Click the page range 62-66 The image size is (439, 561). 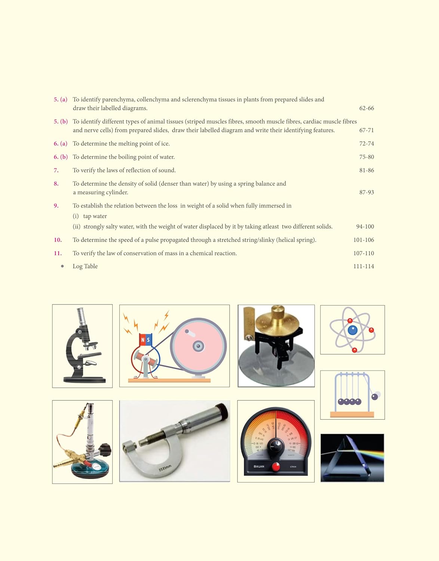[x=366, y=108]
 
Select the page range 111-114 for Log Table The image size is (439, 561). [x=363, y=266]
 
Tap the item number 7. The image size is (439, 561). [x=56, y=171]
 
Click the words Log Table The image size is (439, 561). [x=85, y=266]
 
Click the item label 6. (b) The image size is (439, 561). [x=61, y=157]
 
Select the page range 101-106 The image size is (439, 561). [x=363, y=240]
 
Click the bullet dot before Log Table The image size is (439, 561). [x=62, y=266]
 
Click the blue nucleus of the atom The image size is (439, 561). [x=353, y=330]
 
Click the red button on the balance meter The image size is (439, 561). [x=276, y=466]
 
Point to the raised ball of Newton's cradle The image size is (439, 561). [x=375, y=396]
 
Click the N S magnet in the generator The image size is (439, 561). [x=145, y=340]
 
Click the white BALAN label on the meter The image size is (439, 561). [x=259, y=466]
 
